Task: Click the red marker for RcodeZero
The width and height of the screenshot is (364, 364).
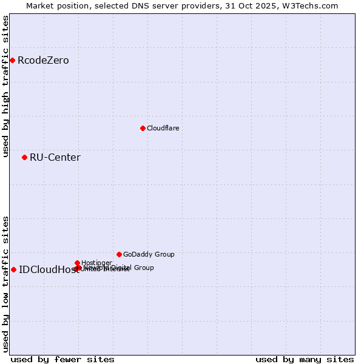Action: click(12, 60)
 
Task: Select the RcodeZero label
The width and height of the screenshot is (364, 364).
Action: click(43, 61)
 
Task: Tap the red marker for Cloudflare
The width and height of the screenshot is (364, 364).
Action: click(143, 128)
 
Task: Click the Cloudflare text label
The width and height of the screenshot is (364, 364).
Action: click(163, 129)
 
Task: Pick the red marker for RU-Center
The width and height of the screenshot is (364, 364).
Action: click(24, 157)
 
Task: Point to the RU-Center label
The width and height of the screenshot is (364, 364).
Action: click(55, 158)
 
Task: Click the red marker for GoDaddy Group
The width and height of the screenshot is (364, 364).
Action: click(119, 254)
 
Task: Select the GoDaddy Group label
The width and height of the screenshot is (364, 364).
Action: click(149, 255)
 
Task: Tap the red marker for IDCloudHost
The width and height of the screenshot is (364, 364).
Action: click(13, 269)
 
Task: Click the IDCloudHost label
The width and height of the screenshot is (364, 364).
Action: click(49, 270)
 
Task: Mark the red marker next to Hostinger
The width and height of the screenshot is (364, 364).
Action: click(78, 263)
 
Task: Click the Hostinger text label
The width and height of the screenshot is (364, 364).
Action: click(96, 263)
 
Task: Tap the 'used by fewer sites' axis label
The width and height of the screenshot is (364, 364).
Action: click(62, 359)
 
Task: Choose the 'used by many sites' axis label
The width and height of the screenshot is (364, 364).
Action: click(305, 359)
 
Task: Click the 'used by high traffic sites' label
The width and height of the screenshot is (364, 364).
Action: click(5, 86)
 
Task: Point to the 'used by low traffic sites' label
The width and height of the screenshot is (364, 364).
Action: click(5, 284)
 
